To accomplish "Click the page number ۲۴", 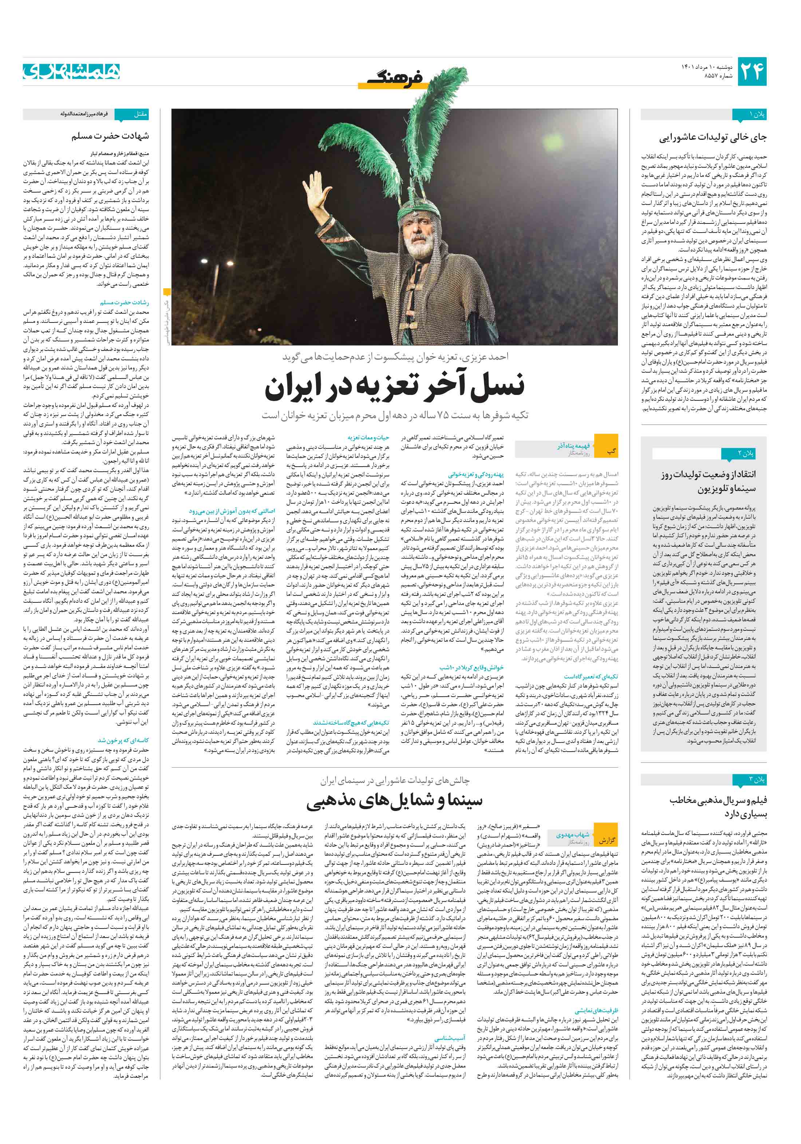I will (x=751, y=71).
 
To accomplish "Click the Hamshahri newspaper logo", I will (x=71, y=71).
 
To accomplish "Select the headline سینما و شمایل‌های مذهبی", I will (x=394, y=800).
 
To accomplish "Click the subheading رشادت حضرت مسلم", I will (x=124, y=302).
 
